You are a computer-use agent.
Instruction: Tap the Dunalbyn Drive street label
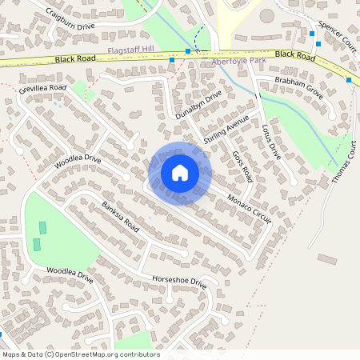pos(198,106)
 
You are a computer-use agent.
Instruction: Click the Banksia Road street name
pos(120,217)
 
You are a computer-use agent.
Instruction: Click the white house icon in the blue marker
pos(179,172)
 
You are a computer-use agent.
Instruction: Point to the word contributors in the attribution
pos(138,354)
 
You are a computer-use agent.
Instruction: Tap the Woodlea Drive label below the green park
pos(70,275)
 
